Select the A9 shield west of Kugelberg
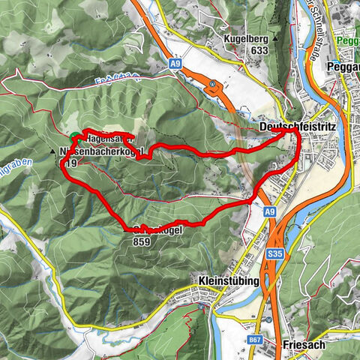[x=175, y=65]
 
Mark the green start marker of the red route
[x=76, y=137]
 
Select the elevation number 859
[x=141, y=242]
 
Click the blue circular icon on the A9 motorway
[x=213, y=84]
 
